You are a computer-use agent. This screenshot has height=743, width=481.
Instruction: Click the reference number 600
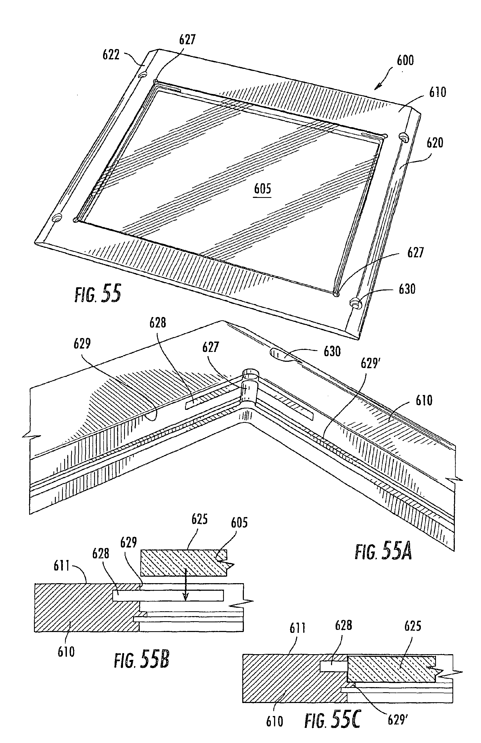point(405,60)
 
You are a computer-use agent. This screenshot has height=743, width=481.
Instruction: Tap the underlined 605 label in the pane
point(262,189)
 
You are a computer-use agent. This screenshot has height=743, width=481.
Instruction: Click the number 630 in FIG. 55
point(407,289)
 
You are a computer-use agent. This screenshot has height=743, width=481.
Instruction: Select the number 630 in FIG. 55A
point(332,352)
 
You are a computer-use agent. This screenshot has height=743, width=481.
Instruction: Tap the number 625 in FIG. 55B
point(200,519)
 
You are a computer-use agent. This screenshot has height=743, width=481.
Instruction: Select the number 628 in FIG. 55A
point(158,323)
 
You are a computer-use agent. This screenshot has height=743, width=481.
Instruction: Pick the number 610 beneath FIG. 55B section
point(66,652)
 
